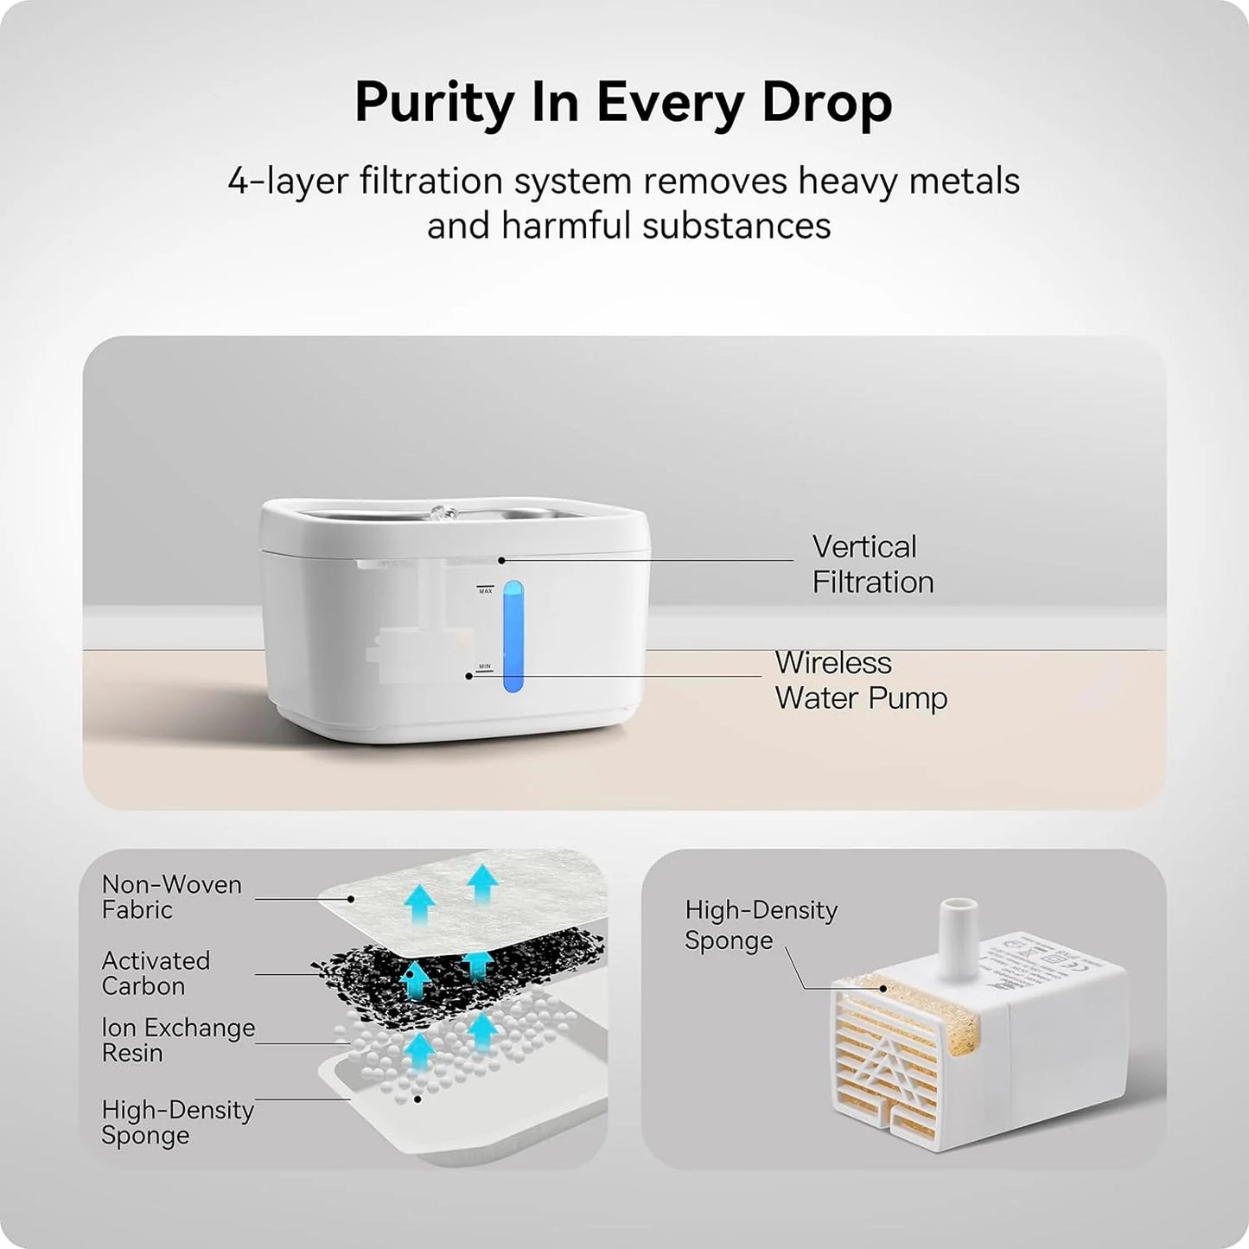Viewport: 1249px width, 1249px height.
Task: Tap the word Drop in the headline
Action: (825, 103)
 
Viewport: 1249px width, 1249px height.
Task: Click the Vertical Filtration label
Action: (872, 564)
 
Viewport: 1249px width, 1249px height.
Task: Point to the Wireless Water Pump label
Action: (860, 680)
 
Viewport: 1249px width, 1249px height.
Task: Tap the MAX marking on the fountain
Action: (485, 590)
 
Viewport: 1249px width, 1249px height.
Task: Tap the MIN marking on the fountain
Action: (484, 666)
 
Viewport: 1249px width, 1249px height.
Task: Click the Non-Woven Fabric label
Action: (171, 896)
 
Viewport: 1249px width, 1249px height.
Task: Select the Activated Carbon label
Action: (156, 972)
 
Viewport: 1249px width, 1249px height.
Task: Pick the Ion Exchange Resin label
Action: (177, 1040)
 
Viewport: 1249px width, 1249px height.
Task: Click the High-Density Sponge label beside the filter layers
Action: (177, 1122)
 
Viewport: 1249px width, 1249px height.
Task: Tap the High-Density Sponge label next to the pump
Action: (760, 924)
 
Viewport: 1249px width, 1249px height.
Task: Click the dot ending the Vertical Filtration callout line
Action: (501, 560)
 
